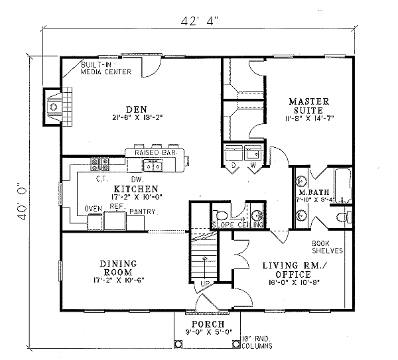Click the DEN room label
coord(139,109)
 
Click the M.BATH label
coord(310,193)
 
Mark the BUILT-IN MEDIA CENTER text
coord(105,68)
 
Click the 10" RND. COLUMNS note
coord(259,340)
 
